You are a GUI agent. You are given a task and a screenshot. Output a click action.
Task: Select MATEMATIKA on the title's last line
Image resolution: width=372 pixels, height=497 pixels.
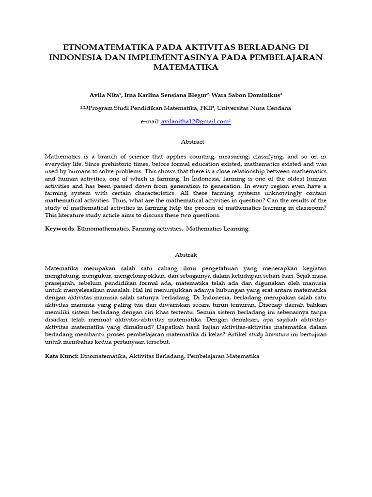[x=186, y=67]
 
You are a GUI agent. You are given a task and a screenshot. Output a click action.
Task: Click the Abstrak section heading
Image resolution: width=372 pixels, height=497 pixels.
[x=186, y=255]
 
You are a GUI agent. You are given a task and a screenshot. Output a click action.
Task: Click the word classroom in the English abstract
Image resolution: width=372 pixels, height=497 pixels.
[x=308, y=208]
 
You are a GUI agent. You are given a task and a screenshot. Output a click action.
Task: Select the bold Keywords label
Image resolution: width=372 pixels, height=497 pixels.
[x=59, y=229]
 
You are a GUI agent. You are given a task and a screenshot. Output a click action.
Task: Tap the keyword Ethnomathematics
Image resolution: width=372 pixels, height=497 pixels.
[x=100, y=229]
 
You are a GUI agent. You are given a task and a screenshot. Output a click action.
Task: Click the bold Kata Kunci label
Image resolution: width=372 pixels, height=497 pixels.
[x=62, y=356]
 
